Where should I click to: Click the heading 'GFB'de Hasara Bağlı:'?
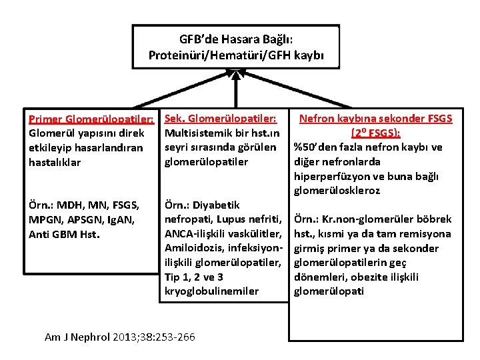pos(236,39)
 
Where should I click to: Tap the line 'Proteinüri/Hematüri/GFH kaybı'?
pos(236,54)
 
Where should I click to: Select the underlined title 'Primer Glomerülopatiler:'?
pos(92,119)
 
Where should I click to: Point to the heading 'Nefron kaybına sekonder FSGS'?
pos(376,119)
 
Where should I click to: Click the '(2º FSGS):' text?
pos(375,133)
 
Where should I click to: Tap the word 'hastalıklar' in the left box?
pos(55,162)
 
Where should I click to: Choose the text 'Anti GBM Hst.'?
pos(64,234)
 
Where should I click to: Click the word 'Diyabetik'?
pos(216,205)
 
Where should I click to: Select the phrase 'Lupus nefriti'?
pos(252,219)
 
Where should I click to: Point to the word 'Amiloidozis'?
pos(193,248)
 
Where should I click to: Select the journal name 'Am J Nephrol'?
pos(77,337)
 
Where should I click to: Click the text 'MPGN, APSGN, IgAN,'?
pos(82,219)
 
